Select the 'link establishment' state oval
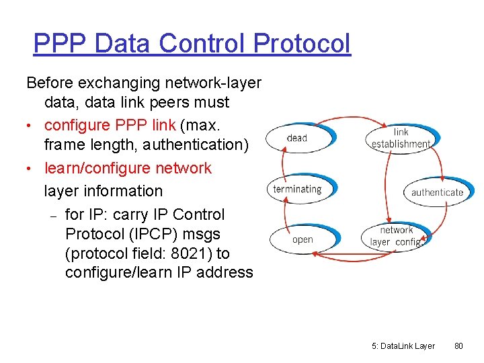click(x=401, y=138)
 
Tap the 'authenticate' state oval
click(x=437, y=192)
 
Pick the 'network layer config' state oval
click(x=397, y=236)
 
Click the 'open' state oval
click(x=302, y=239)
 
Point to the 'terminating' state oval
click(x=297, y=189)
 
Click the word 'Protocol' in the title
click(x=302, y=44)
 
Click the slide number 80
click(x=459, y=346)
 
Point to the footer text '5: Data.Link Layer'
click(x=403, y=346)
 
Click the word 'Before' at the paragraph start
click(x=50, y=83)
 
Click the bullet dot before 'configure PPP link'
click(x=30, y=126)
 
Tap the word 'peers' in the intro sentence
click(x=161, y=103)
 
